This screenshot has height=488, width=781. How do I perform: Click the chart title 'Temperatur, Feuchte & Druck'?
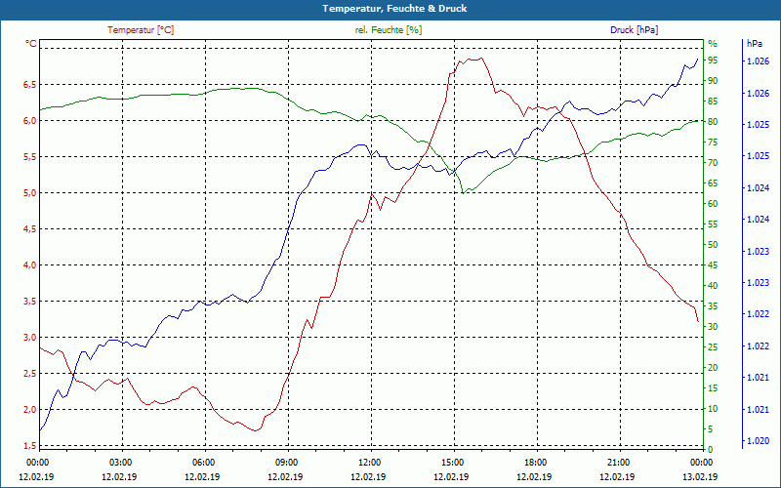point(390,8)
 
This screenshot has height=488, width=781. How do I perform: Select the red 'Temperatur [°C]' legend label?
point(141,30)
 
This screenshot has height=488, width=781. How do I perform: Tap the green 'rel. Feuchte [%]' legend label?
point(389,30)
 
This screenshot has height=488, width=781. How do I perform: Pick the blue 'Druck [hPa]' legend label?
point(634,30)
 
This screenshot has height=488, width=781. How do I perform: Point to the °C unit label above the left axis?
point(31,44)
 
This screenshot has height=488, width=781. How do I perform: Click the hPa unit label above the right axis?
point(754,44)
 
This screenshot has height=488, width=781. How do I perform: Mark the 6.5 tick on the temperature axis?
point(29,85)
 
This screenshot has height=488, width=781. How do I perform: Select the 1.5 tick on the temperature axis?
point(29,445)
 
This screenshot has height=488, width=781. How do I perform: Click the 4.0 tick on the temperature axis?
point(29,265)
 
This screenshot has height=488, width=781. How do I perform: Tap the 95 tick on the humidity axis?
point(713,61)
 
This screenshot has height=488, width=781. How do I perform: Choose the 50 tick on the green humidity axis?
point(713,245)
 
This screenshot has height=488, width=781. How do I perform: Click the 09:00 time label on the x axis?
point(287,462)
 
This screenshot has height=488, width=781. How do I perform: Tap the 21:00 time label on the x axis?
point(618,462)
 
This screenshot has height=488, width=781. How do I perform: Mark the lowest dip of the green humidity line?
point(465,192)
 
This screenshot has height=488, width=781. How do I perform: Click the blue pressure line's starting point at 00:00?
point(40,430)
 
